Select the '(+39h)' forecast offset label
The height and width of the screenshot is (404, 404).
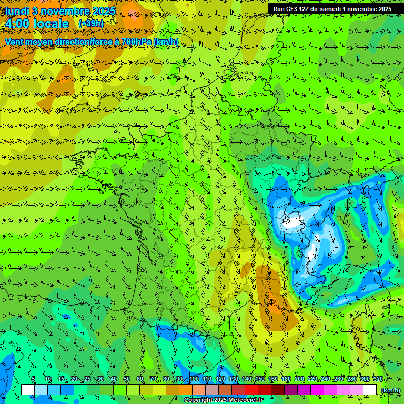tap(91, 24)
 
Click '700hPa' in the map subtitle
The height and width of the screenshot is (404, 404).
tap(137, 42)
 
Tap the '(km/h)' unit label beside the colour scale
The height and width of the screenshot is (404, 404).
tap(390, 390)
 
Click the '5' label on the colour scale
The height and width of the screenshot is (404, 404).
tap(33, 379)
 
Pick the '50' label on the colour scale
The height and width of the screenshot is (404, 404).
tap(127, 379)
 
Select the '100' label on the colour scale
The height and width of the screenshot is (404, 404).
tap(194, 379)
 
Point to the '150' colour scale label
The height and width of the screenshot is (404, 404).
tap(260, 379)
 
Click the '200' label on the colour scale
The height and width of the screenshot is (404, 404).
tap(299, 379)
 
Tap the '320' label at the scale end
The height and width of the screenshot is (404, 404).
tap(378, 379)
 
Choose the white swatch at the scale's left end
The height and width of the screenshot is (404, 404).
tap(28, 389)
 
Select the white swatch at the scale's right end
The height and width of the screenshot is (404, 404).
tap(370, 389)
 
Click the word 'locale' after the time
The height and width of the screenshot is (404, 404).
tap(51, 24)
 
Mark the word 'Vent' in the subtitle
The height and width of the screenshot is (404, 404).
tap(15, 42)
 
